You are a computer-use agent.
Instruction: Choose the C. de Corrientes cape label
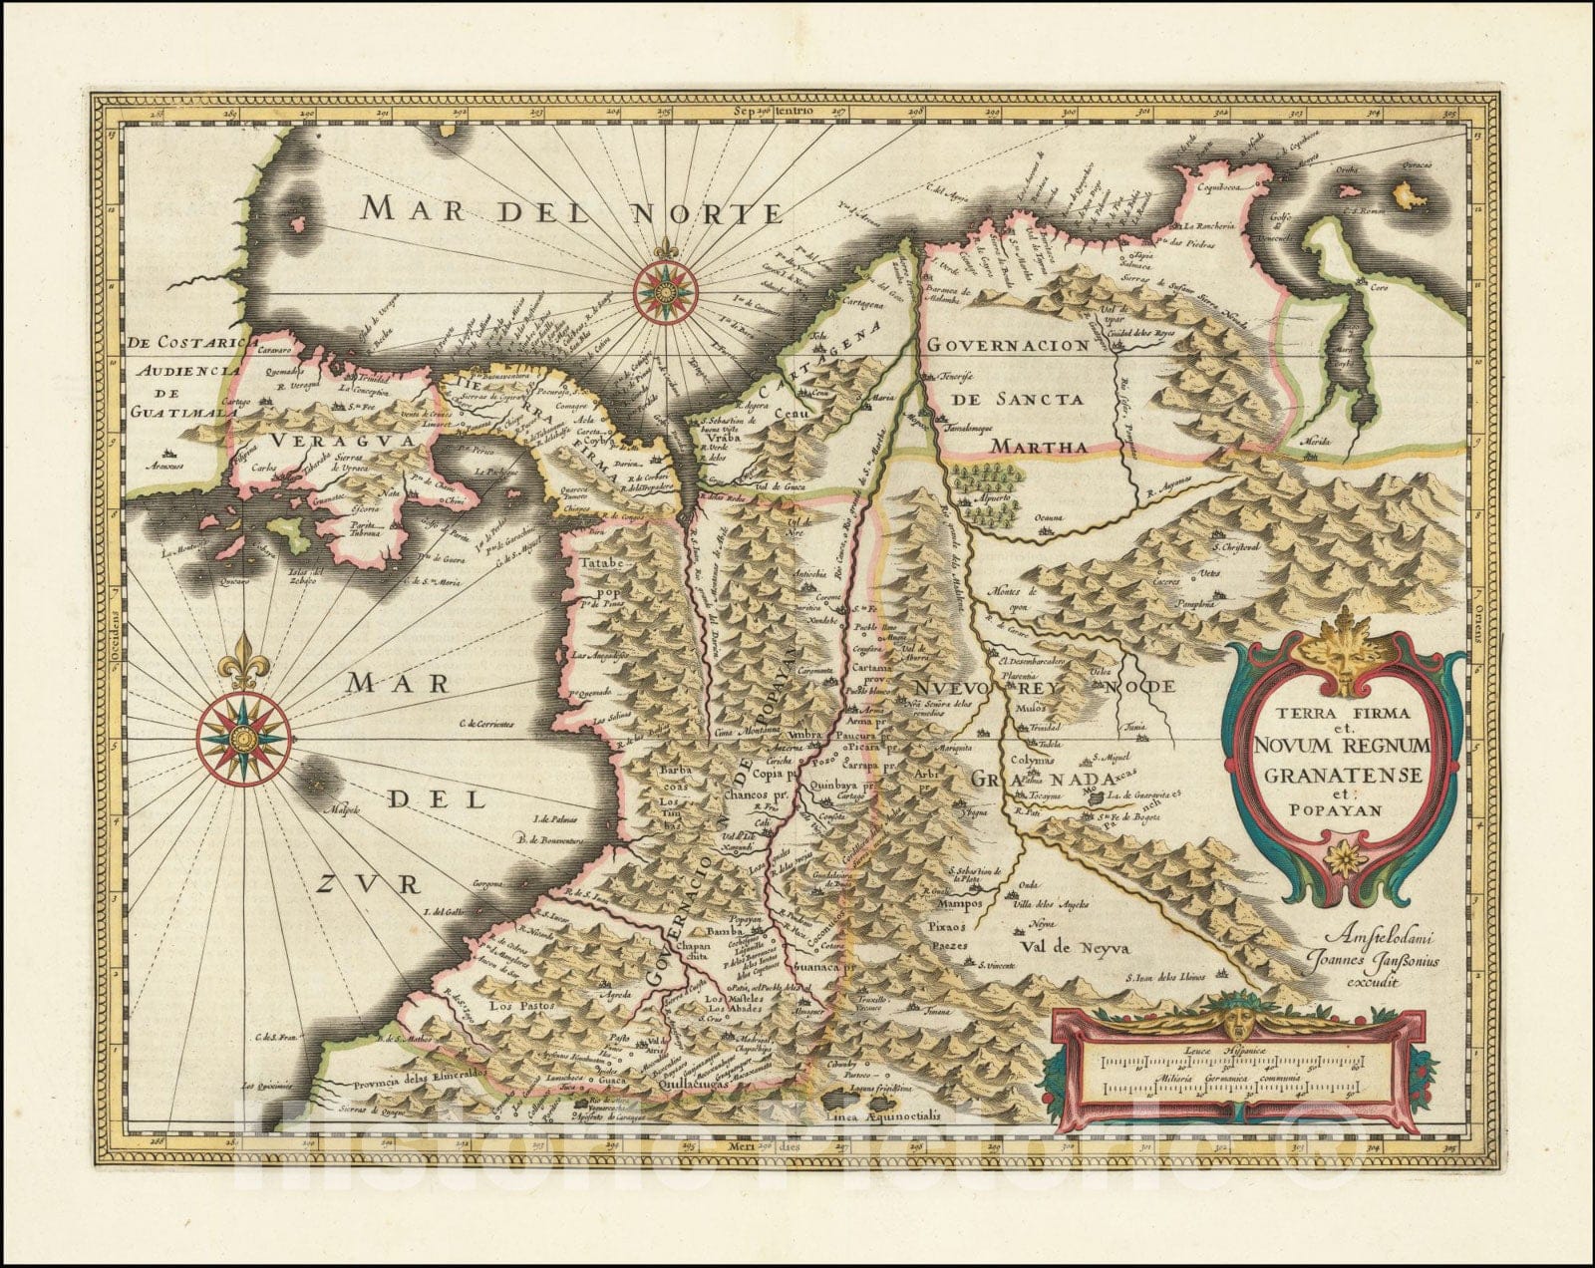(491, 722)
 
